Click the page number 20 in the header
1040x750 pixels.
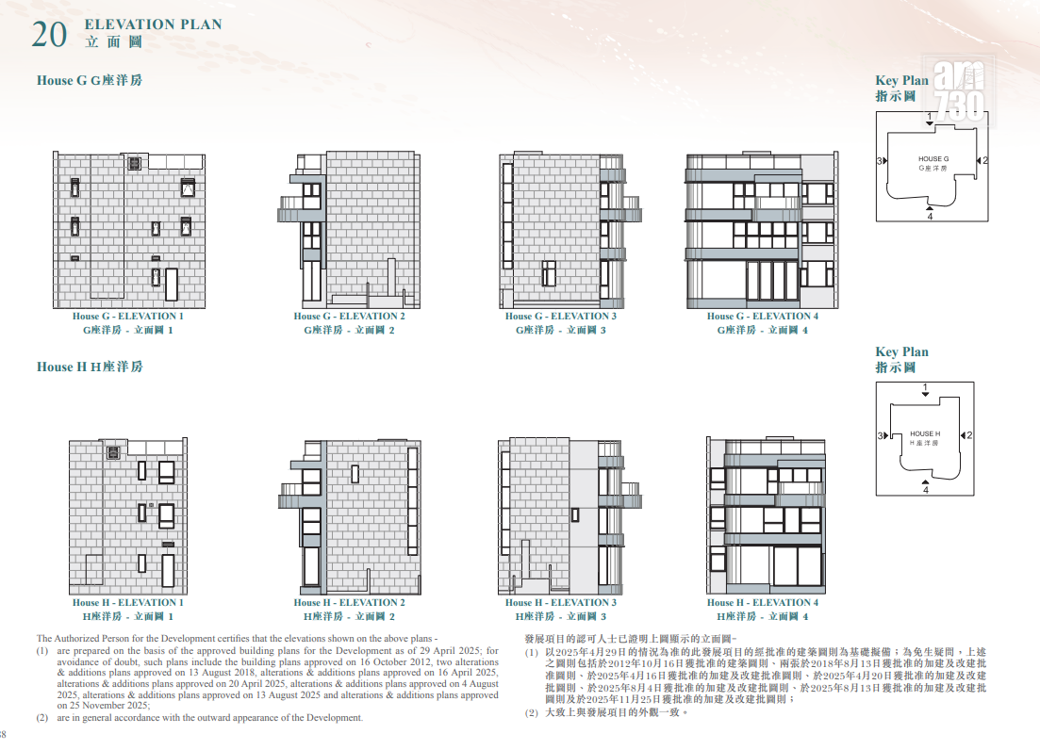point(49,35)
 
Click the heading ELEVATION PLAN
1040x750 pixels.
point(153,24)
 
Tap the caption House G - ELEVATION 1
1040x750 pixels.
point(128,316)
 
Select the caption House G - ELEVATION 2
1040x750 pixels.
point(350,316)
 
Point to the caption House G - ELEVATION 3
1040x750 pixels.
point(561,316)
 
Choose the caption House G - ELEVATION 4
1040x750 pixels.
point(763,316)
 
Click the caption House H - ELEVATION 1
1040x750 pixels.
point(128,602)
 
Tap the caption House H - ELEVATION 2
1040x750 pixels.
point(350,602)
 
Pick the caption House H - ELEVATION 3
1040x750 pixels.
point(561,602)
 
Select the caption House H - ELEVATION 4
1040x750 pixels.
point(763,602)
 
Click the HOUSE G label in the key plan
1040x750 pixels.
point(933,159)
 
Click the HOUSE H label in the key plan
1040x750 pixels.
point(925,433)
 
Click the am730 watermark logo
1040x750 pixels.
point(959,90)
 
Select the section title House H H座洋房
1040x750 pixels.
point(90,367)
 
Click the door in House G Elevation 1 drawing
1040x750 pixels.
point(172,285)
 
